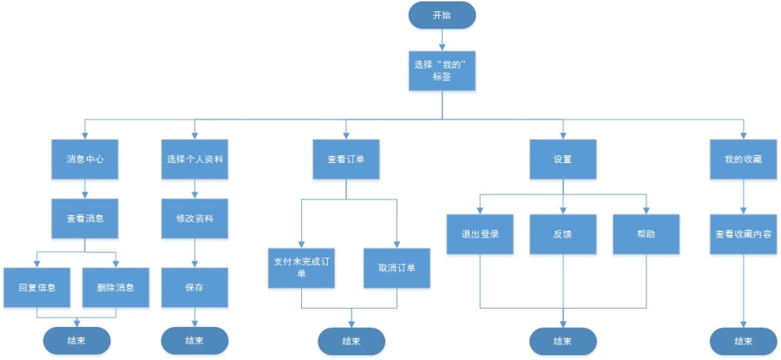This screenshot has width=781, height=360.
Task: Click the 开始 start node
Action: (x=442, y=15)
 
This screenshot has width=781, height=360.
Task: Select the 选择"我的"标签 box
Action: (x=443, y=69)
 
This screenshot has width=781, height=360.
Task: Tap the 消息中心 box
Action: (x=85, y=160)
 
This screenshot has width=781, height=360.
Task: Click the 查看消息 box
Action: (x=85, y=219)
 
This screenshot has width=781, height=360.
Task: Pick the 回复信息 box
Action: (x=36, y=287)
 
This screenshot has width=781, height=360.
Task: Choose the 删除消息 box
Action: (x=115, y=287)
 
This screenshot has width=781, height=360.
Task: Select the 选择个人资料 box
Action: (x=195, y=160)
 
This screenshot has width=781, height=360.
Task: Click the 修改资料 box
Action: (x=195, y=219)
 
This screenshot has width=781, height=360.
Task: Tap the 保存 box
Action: (x=195, y=287)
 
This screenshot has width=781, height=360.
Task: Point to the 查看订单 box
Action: (x=346, y=160)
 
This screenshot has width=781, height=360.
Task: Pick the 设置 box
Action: (x=563, y=160)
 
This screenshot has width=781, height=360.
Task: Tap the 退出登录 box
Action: (x=481, y=234)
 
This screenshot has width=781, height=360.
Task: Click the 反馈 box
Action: (x=563, y=234)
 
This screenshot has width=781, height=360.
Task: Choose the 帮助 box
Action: (x=646, y=234)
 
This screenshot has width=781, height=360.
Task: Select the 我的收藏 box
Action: (x=743, y=160)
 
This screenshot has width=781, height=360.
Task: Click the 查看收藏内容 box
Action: (x=743, y=234)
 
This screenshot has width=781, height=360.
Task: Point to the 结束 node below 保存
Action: (x=195, y=340)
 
